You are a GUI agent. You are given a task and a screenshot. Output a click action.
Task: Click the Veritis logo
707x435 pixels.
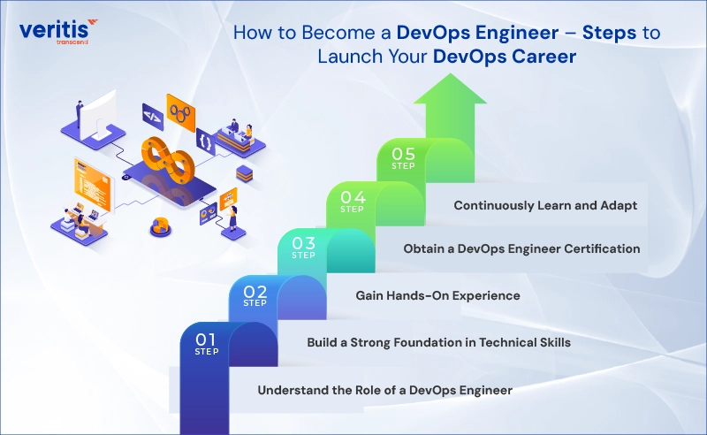(x=58, y=31)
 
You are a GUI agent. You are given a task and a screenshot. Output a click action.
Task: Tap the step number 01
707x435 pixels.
(x=205, y=340)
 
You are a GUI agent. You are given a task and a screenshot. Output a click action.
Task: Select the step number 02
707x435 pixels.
(x=255, y=292)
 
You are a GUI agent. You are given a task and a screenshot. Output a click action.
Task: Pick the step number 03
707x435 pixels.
(x=303, y=243)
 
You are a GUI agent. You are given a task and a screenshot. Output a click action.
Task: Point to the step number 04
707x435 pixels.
(x=353, y=197)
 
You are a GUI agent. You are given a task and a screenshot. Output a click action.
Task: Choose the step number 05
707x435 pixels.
(x=403, y=154)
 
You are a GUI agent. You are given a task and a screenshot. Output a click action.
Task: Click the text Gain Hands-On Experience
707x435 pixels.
(x=437, y=295)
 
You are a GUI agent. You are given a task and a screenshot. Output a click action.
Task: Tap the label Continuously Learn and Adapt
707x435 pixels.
(x=545, y=205)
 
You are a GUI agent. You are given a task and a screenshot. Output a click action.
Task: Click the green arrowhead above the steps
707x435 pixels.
(x=450, y=89)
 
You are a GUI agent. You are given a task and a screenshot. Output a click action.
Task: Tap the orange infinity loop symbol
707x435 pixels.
(x=168, y=159)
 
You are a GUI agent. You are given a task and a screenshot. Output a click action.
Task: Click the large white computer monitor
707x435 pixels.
(x=97, y=115)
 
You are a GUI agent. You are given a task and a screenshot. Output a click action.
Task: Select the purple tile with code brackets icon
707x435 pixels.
(x=152, y=117)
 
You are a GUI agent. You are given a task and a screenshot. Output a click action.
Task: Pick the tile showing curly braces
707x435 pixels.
(x=206, y=142)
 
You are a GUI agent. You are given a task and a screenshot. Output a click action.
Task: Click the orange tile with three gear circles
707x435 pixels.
(x=180, y=112)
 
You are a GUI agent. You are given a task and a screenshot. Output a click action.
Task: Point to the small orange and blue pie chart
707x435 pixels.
(x=160, y=225)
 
